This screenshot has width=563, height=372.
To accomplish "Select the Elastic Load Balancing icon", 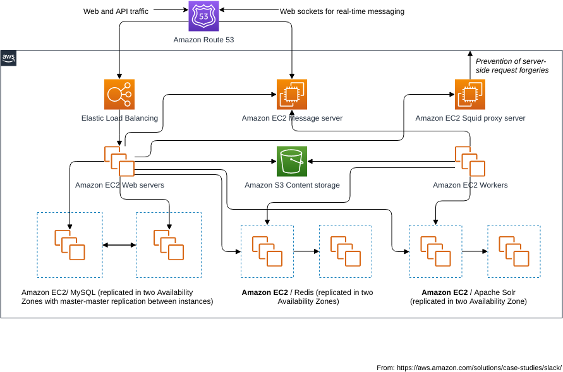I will click(x=119, y=95).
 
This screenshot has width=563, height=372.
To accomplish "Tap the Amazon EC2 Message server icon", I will click(x=292, y=95).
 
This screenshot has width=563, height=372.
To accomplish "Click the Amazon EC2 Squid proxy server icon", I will click(x=470, y=95).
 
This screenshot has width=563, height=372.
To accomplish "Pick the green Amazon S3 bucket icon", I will click(x=292, y=162).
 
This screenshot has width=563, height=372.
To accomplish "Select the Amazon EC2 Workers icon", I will click(x=470, y=162).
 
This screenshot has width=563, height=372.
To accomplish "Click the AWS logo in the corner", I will click(x=9, y=58).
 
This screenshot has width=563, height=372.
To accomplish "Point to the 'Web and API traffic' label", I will click(x=116, y=11).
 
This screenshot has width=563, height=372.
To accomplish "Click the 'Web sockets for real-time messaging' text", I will click(x=342, y=11).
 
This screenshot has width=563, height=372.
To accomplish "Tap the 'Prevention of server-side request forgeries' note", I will click(x=512, y=66).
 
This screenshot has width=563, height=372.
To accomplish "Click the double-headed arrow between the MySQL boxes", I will click(x=119, y=245).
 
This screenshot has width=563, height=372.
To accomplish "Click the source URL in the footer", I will click(x=479, y=367).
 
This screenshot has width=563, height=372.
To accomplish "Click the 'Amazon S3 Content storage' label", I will click(x=292, y=185).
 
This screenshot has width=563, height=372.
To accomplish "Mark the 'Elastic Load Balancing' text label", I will click(x=119, y=118).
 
